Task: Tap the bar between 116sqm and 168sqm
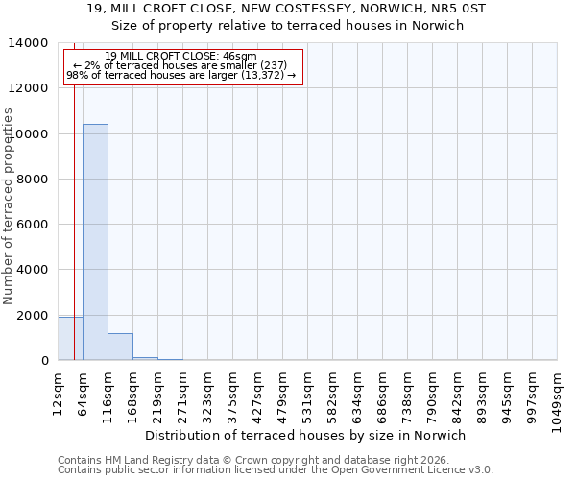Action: click(120, 347)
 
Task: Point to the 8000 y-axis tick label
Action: click(30, 180)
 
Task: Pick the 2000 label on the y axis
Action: click(30, 315)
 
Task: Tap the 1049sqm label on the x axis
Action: click(557, 392)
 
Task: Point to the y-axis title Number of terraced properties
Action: click(9, 205)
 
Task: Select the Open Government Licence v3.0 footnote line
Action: click(276, 470)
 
